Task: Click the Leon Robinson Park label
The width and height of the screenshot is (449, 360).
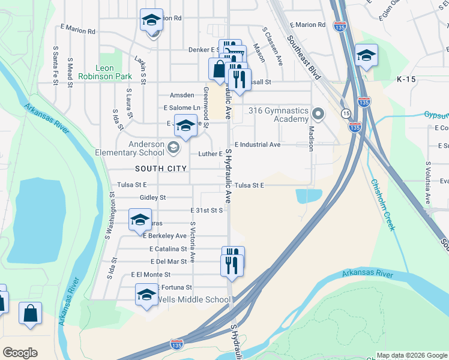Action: [115, 73]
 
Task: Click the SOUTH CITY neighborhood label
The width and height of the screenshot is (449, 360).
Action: [161, 169]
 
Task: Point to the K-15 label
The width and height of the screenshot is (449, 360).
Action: [406, 79]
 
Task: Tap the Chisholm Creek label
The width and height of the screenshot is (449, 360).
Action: [382, 205]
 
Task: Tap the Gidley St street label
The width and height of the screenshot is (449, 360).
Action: [152, 197]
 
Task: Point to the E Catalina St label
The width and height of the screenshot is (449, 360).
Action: [168, 248]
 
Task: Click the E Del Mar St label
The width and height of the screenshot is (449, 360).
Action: [169, 262]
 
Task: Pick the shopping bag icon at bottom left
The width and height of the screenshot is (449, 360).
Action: [30, 313]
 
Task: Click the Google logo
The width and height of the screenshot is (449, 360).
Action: [20, 353]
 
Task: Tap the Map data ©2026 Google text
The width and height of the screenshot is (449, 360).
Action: [412, 355]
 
